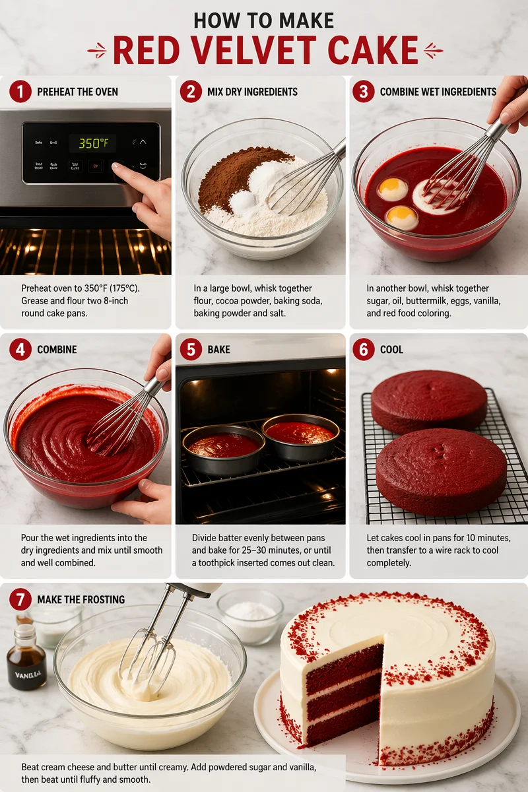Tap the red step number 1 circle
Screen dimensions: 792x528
point(20,91)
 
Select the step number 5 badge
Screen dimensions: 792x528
point(191,349)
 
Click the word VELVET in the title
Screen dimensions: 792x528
point(239,51)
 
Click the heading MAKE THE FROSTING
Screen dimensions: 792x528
point(81,599)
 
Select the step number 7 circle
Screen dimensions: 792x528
point(20,599)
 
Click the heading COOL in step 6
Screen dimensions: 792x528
point(391,349)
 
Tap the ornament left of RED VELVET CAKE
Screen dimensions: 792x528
point(97,51)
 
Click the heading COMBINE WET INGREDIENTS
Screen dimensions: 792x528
point(438,92)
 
